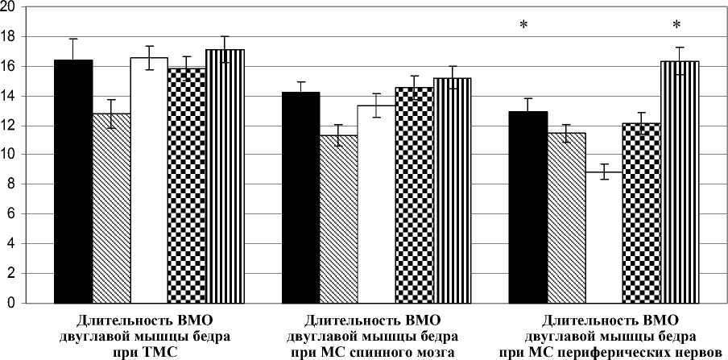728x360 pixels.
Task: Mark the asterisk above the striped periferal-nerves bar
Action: coord(676,25)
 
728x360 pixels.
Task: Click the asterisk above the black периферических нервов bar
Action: coord(523,25)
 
